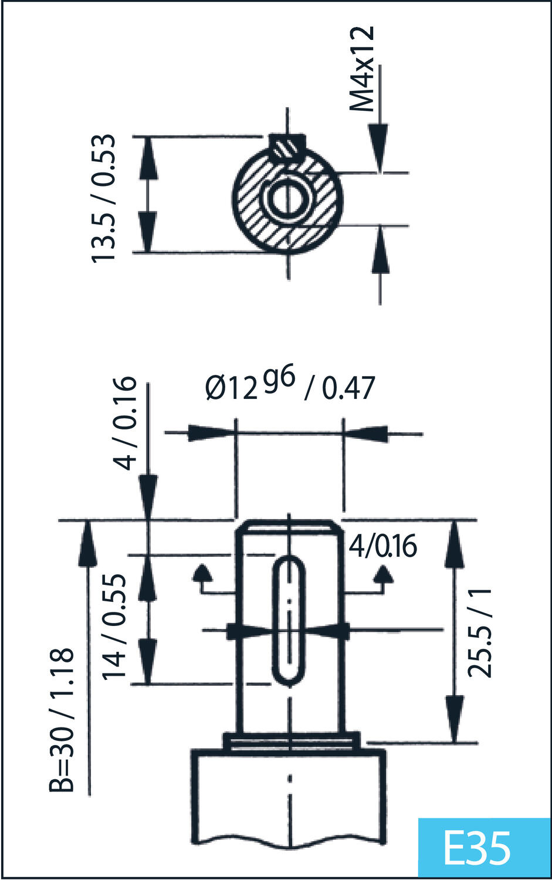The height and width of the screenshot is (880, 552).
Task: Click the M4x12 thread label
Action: [x=362, y=69]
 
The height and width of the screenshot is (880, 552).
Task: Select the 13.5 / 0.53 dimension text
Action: [x=104, y=198]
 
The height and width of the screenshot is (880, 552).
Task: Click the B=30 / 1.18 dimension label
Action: [x=62, y=719]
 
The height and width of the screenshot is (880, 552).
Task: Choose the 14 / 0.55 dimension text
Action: [x=114, y=627]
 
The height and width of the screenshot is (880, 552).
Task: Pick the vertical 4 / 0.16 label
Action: [x=125, y=423]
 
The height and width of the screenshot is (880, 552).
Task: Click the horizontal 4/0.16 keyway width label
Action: [x=382, y=546]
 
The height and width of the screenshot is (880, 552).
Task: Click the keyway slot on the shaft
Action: [x=289, y=621]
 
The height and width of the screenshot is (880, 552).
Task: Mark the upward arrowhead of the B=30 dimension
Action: [x=87, y=543]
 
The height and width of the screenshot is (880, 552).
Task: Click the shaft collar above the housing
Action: [x=291, y=741]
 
